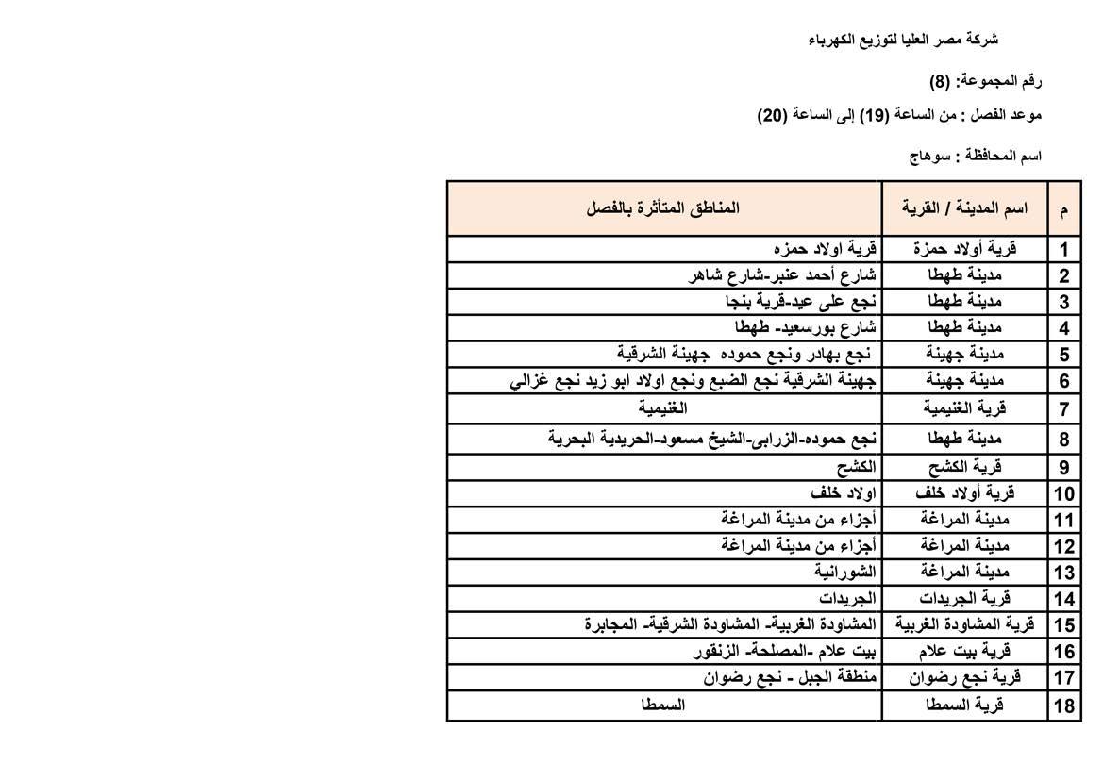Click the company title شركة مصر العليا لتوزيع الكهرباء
(x=903, y=40)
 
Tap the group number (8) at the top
(x=939, y=81)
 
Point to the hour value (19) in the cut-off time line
(x=873, y=115)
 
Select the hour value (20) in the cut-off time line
(x=772, y=115)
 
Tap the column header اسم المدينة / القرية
(x=963, y=207)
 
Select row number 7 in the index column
(x=1064, y=409)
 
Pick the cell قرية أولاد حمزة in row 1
(x=964, y=249)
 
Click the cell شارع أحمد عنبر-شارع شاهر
(x=784, y=275)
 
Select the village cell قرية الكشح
(x=964, y=467)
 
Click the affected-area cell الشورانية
(x=845, y=572)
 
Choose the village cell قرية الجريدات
(x=964, y=598)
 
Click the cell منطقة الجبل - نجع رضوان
(x=791, y=677)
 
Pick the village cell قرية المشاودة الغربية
(x=964, y=624)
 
